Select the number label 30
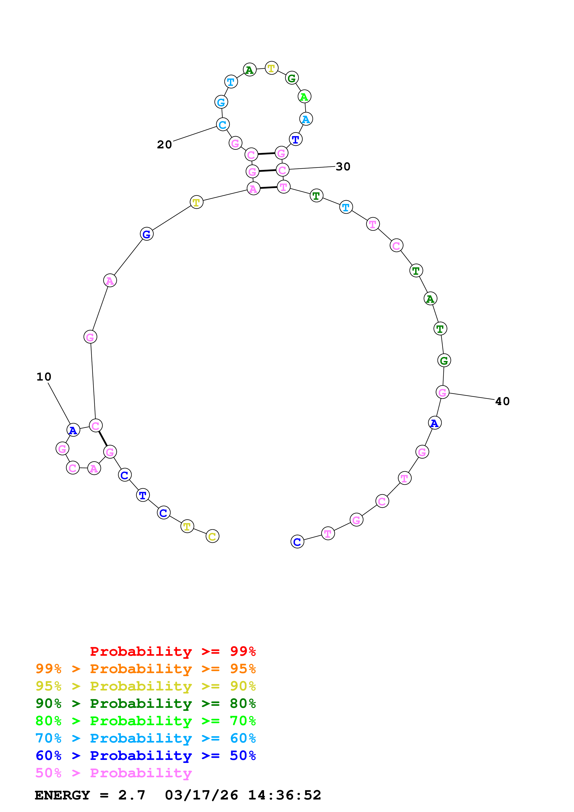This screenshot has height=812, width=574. click(343, 167)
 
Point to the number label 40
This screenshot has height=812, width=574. click(502, 401)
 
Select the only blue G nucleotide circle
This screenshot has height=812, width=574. click(146, 234)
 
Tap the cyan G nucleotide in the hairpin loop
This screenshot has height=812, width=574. click(221, 102)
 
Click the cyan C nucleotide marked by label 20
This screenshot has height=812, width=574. click(223, 125)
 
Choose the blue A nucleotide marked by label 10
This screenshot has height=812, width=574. click(73, 430)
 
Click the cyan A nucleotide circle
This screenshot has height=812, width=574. click(306, 119)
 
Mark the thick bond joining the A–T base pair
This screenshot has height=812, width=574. click(268, 187)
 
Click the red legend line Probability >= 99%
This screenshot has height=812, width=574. click(173, 651)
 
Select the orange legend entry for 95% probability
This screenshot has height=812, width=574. click(145, 668)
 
